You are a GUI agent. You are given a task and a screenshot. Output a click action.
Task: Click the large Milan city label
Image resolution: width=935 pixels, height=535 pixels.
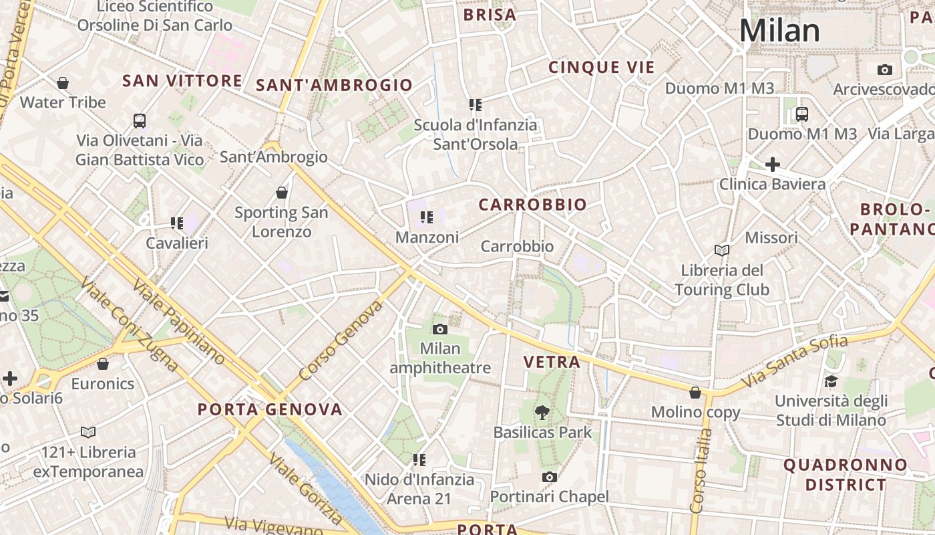pyautogui.click(x=779, y=31)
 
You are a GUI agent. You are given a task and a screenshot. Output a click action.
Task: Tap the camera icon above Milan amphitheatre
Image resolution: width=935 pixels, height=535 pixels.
pyautogui.click(x=439, y=329)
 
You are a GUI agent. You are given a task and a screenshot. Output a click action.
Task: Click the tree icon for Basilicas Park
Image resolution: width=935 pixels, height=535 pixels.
pyautogui.click(x=542, y=413)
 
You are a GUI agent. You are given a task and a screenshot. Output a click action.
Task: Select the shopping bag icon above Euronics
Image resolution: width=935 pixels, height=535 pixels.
pyautogui.click(x=103, y=364)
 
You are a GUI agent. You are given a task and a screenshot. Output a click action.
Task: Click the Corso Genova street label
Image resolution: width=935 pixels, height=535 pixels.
pyautogui.click(x=341, y=340)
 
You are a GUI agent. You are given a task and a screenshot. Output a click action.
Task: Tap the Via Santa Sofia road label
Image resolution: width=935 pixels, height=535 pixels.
pyautogui.click(x=794, y=361)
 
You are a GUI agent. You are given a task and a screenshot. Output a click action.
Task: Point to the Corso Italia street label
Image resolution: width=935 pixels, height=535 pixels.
pyautogui.click(x=701, y=471)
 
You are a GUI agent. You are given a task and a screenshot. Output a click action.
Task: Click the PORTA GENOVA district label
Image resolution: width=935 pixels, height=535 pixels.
pyautogui.click(x=270, y=409)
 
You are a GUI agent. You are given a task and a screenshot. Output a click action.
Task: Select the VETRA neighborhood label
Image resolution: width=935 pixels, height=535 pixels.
pyautogui.click(x=552, y=362)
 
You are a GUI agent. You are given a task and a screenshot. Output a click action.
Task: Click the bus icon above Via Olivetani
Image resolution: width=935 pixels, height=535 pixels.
pyautogui.click(x=139, y=121)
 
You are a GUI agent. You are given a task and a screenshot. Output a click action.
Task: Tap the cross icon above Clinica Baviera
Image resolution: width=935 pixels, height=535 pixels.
pyautogui.click(x=772, y=164)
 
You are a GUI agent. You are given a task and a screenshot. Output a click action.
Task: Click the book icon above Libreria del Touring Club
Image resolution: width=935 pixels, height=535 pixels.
pyautogui.click(x=721, y=250)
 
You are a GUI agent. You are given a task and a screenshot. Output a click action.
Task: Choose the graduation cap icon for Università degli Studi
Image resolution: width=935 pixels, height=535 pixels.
pyautogui.click(x=831, y=381)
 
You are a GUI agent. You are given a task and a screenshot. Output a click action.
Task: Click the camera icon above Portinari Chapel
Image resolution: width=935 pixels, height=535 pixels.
pyautogui.click(x=549, y=477)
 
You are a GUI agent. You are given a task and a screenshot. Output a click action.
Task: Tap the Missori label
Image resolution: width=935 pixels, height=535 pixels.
pyautogui.click(x=771, y=237)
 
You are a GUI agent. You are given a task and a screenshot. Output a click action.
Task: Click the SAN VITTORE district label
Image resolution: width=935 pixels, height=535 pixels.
pyautogui.click(x=182, y=81)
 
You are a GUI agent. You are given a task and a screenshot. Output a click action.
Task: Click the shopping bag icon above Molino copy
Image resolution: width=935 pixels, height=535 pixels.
pyautogui.click(x=695, y=393)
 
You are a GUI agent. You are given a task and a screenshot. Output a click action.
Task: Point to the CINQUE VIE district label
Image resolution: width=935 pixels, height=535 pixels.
pyautogui.click(x=601, y=67)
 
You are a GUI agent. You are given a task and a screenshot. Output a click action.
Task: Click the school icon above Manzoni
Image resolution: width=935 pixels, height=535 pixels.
pyautogui.click(x=427, y=217)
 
